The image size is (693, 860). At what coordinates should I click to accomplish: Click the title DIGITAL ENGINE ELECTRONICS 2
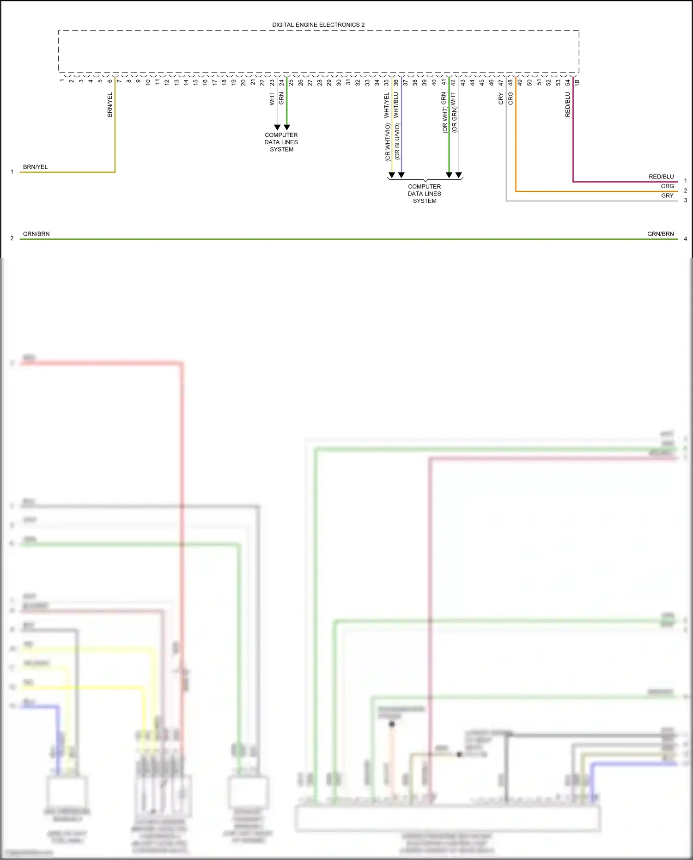(318, 25)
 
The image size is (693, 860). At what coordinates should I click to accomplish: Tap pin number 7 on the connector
(119, 81)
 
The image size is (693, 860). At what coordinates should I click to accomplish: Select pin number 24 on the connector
(281, 82)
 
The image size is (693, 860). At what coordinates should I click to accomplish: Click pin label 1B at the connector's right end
(577, 82)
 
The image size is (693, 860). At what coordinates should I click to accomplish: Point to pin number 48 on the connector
(511, 82)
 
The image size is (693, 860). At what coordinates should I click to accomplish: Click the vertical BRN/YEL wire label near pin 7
(110, 105)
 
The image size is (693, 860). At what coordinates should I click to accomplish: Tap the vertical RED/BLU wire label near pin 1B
(568, 104)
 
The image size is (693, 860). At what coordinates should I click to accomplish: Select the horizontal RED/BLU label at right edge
(661, 177)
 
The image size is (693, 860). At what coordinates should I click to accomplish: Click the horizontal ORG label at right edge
(667, 186)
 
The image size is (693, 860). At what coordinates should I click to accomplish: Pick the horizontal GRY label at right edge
(667, 196)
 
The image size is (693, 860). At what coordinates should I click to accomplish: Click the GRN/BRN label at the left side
(36, 234)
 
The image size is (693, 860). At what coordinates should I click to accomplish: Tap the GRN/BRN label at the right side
(660, 234)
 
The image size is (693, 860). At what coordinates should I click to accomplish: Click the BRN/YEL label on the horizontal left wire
(35, 167)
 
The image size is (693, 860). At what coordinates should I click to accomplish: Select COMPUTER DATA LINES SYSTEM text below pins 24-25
(281, 142)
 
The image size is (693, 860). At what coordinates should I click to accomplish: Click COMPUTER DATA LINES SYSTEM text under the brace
(424, 194)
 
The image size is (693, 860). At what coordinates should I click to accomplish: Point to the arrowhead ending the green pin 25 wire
(287, 127)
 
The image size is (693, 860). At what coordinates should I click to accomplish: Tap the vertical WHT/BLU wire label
(396, 104)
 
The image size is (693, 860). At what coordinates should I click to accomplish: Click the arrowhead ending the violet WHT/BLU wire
(401, 175)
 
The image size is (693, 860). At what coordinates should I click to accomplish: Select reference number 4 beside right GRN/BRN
(685, 239)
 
